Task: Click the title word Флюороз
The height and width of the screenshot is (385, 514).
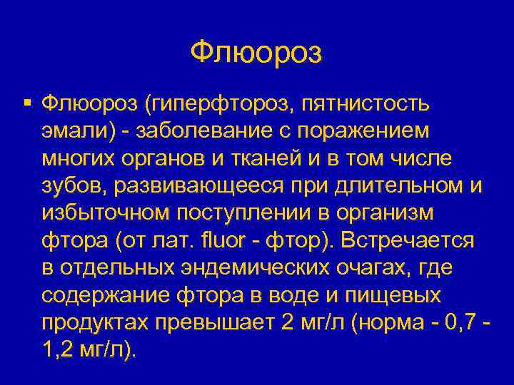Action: click(256, 52)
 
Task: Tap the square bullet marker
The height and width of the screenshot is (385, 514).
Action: click(26, 104)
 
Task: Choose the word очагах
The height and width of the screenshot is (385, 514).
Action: click(371, 268)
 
